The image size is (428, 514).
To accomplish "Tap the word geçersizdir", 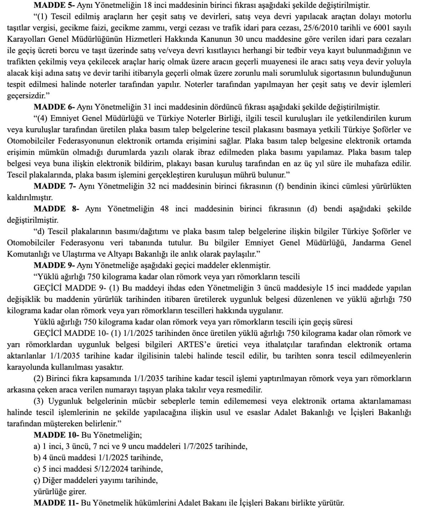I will point(27,96).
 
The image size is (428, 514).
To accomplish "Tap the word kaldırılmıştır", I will point(30,197).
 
